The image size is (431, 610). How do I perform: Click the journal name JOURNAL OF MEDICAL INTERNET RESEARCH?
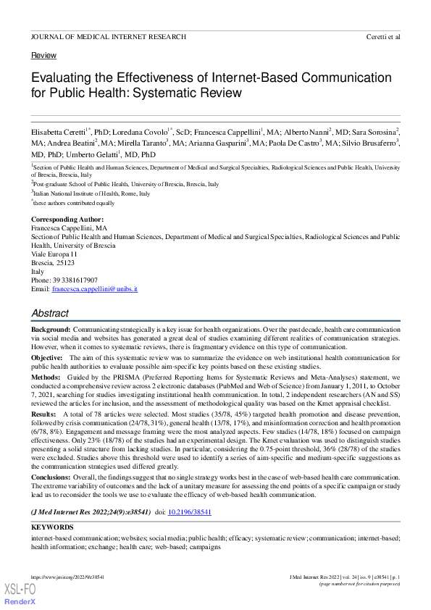click(x=109, y=36)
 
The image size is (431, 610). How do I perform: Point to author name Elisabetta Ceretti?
click(x=57, y=133)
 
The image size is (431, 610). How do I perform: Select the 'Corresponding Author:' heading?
click(x=67, y=220)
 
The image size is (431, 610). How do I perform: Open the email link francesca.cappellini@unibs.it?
click(x=93, y=288)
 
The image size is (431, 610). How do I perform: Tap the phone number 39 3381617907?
click(x=75, y=280)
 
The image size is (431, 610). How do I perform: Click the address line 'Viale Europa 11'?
click(x=54, y=254)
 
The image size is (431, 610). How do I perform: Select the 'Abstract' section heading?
click(x=50, y=313)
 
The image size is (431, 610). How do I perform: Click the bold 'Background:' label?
click(x=51, y=330)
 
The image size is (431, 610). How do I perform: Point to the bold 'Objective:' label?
click(x=47, y=358)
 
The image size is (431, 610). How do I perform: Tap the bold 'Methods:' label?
click(x=46, y=377)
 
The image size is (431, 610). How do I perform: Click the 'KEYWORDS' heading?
click(x=52, y=527)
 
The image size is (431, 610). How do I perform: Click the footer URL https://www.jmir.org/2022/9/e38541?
click(x=67, y=575)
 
